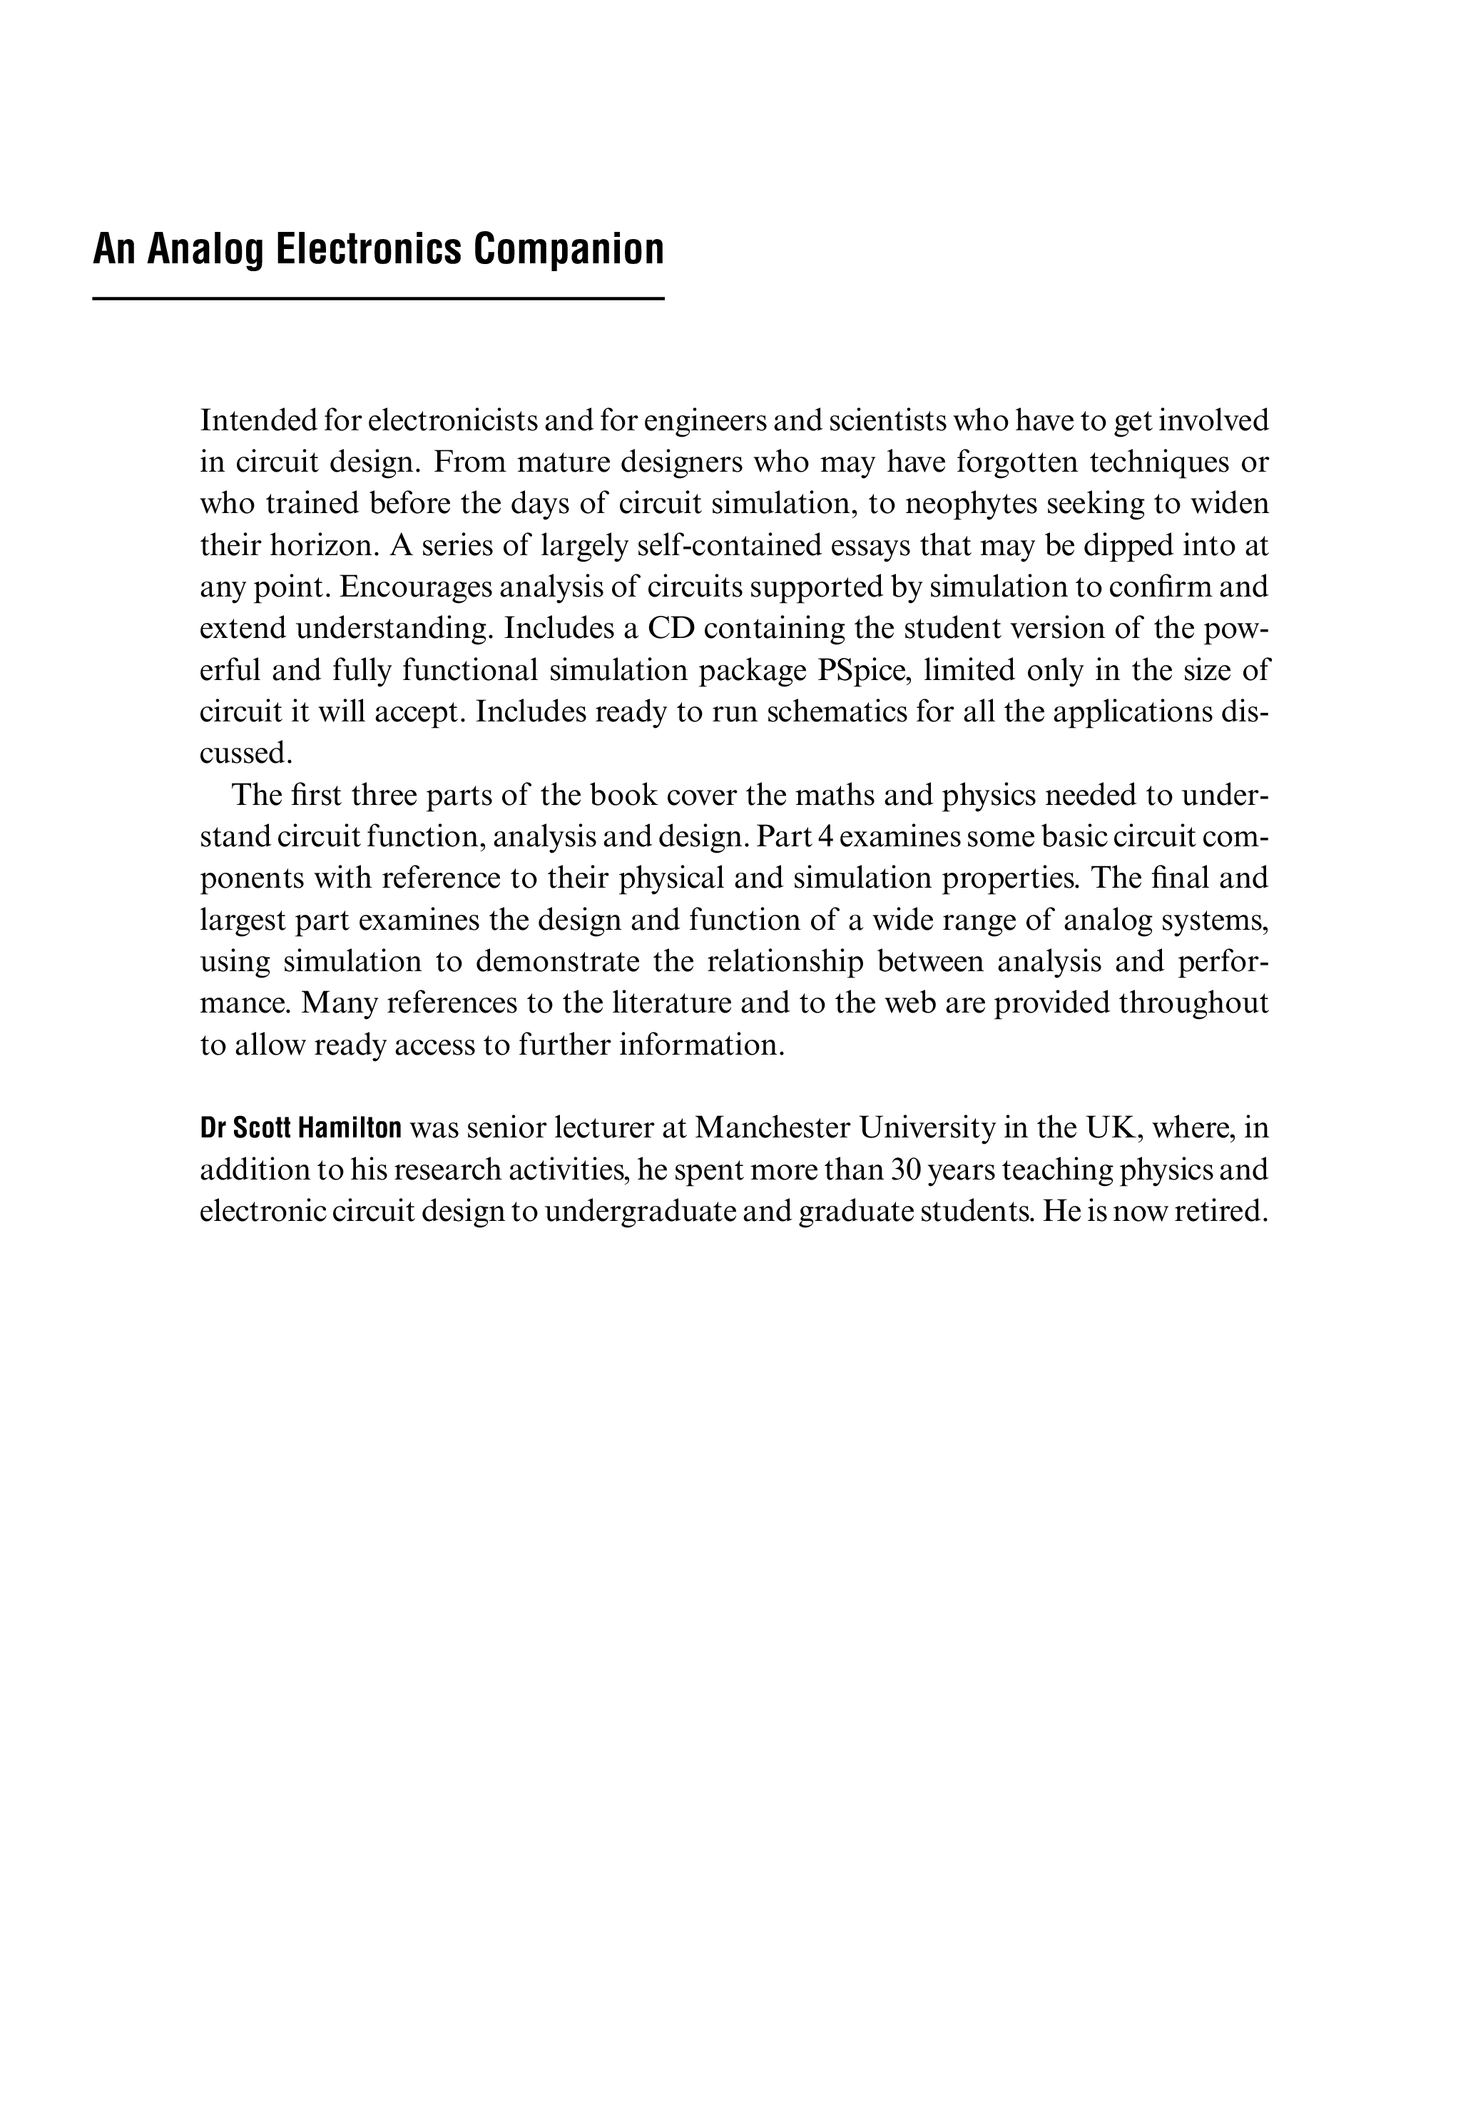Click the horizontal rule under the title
[377, 299]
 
